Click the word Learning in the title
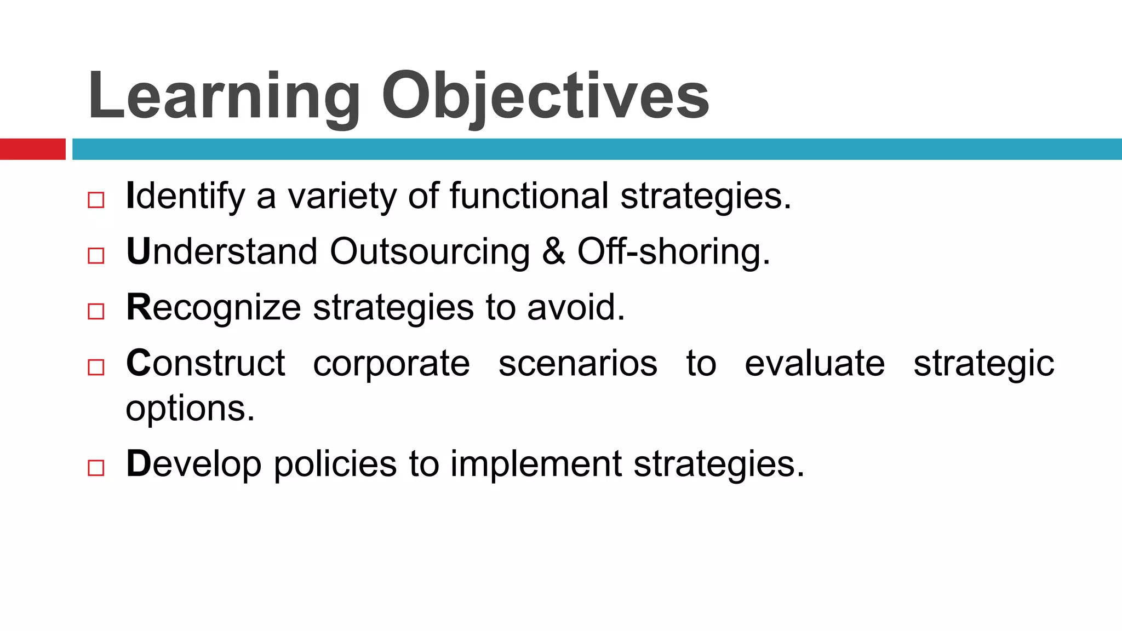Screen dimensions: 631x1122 pos(224,96)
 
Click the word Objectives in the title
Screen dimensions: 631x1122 pos(545,96)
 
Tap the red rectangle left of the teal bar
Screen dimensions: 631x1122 pos(32,149)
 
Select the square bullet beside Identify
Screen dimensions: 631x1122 pos(96,200)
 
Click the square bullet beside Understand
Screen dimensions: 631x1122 pos(96,256)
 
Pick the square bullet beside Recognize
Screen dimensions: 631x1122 pos(96,312)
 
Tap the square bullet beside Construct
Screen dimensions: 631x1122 pos(96,367)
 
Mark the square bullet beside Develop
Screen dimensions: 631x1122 pos(96,468)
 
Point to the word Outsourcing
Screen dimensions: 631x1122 pos(430,251)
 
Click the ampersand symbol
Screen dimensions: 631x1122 pos(553,251)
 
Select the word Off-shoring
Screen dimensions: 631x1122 pos(673,251)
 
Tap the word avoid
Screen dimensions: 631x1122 pos(575,307)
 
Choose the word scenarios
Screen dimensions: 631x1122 pos(577,363)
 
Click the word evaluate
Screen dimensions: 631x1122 pos(815,363)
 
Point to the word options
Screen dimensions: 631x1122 pos(190,409)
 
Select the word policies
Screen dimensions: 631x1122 pos(335,464)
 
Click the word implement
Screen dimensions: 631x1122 pos(536,464)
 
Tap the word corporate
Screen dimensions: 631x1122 pos(391,364)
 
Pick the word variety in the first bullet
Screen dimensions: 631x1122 pos(342,196)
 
